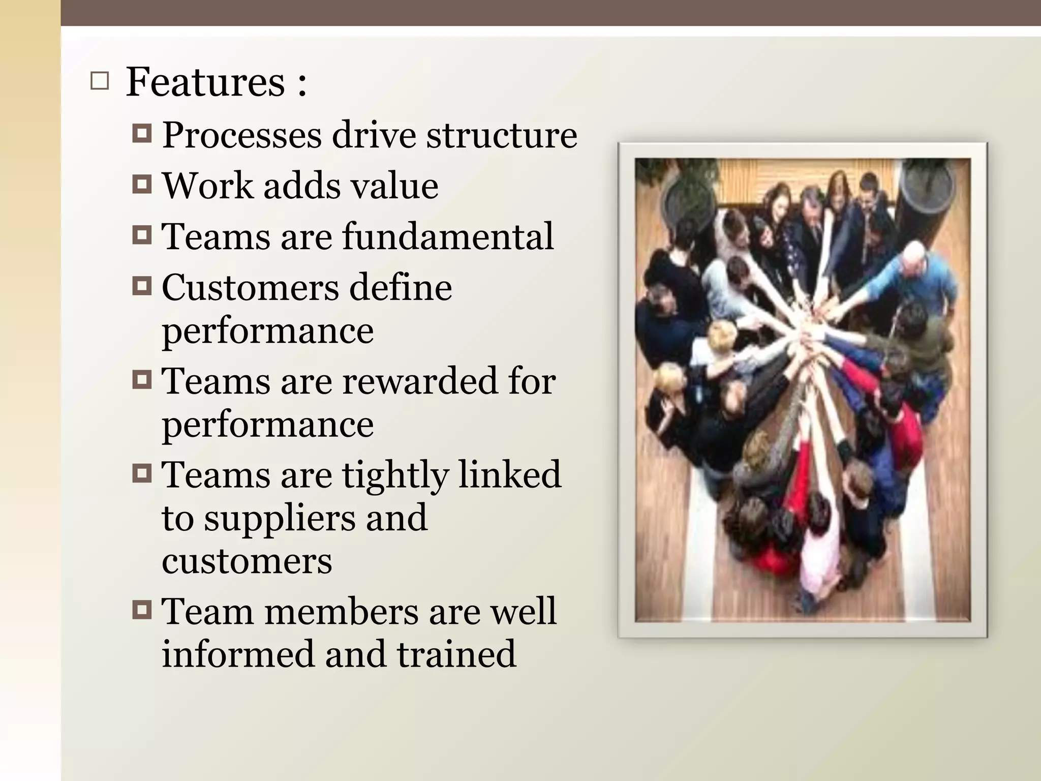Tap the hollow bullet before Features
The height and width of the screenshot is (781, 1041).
click(x=100, y=81)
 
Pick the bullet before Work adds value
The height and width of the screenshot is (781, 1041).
click(x=142, y=184)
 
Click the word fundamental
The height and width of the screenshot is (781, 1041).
click(x=448, y=236)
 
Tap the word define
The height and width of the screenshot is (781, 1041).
click(x=401, y=287)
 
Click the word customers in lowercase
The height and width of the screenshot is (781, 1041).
click(x=247, y=561)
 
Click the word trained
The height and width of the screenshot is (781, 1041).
click(x=456, y=654)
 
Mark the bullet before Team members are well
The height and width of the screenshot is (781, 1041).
click(x=142, y=610)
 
